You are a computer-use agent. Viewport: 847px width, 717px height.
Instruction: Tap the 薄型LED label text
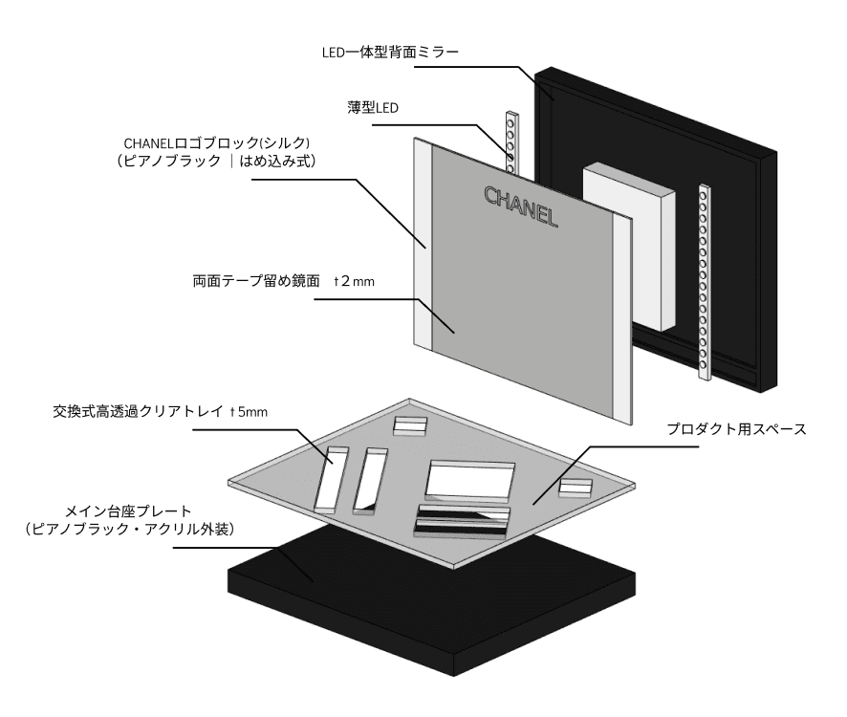pyautogui.click(x=373, y=108)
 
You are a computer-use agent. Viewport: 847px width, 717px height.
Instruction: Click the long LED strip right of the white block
pyautogui.click(x=706, y=282)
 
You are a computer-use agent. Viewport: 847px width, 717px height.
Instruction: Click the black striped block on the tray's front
pyautogui.click(x=462, y=520)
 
